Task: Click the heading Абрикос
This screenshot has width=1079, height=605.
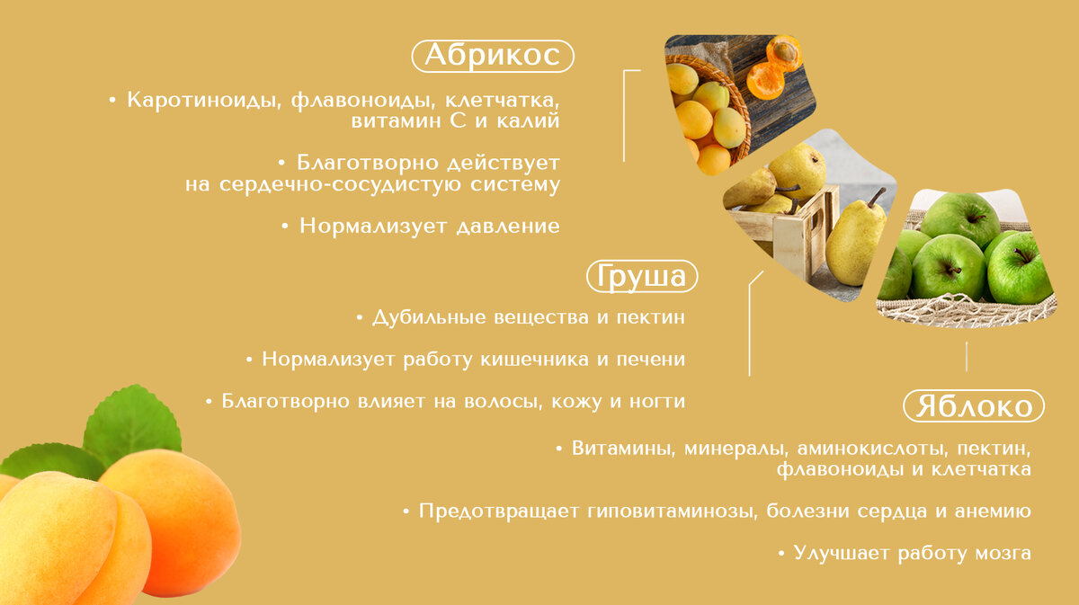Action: tap(492, 56)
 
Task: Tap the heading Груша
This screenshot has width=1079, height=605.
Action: tap(642, 276)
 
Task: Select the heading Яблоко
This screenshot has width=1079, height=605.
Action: tap(974, 406)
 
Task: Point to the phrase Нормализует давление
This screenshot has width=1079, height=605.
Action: tap(429, 226)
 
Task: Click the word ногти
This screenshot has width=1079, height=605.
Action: tap(658, 402)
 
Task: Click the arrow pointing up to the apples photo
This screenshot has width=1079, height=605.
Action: tap(967, 354)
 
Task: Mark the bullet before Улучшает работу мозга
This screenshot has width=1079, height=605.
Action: tap(781, 554)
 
